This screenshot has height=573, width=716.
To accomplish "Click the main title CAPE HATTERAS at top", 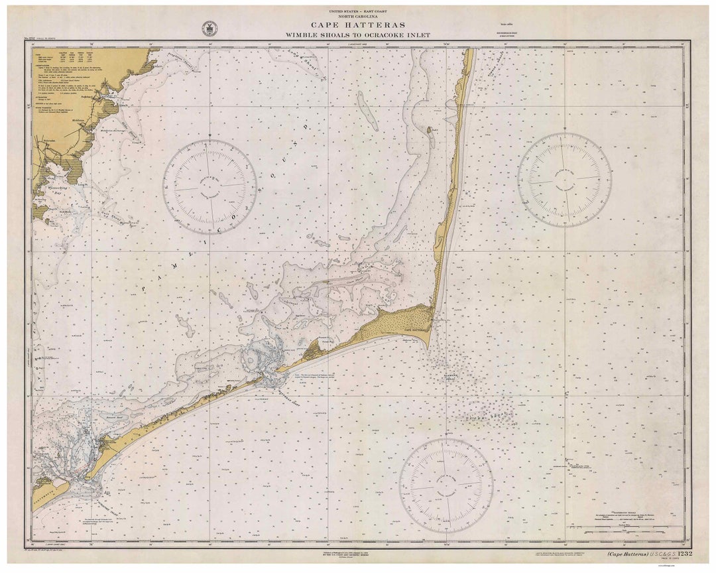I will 357,25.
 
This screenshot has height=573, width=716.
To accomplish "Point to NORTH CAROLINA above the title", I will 357,17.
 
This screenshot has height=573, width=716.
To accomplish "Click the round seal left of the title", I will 209,29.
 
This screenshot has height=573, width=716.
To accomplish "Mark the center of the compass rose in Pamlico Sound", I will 210,187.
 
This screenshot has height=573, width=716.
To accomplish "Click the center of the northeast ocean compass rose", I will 565,180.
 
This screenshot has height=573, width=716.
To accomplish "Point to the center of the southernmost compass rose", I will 446,485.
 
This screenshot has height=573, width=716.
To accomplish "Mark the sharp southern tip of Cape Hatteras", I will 428,348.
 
